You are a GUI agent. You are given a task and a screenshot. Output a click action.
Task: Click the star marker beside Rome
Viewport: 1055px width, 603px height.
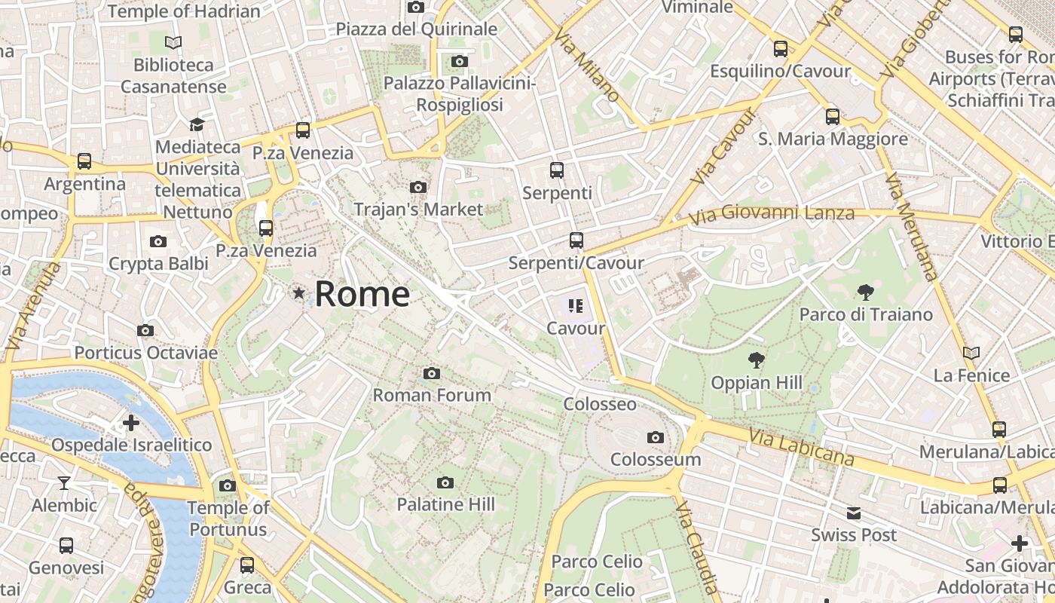tap(300, 293)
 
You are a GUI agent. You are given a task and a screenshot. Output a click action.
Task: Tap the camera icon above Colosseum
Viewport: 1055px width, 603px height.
tap(656, 437)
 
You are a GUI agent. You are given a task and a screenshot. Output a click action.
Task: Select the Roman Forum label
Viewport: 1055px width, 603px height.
tap(432, 395)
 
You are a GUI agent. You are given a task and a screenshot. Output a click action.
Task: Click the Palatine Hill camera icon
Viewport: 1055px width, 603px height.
tap(445, 482)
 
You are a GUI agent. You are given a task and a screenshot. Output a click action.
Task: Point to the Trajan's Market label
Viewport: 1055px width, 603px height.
tap(418, 209)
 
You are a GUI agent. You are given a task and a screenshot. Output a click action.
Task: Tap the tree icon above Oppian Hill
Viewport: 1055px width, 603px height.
tap(756, 360)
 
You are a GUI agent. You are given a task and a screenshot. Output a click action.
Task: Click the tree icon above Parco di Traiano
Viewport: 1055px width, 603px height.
tap(866, 292)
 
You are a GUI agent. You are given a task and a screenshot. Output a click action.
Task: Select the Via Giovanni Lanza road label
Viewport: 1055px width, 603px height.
tap(772, 214)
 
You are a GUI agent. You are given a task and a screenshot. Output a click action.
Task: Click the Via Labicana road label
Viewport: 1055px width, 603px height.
tap(803, 448)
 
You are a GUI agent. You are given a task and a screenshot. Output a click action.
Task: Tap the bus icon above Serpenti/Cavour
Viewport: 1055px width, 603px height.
tap(576, 240)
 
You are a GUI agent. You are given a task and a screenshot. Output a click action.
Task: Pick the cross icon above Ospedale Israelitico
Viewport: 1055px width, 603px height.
tap(131, 423)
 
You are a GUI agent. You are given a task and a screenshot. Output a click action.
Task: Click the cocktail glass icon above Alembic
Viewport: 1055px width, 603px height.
tap(64, 483)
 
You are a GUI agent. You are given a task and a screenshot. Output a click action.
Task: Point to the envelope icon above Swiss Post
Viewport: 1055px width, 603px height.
tap(854, 513)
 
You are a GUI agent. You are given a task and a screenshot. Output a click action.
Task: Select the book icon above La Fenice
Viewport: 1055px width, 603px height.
tap(971, 353)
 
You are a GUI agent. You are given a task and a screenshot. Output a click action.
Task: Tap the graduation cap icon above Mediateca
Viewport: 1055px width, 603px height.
tap(197, 124)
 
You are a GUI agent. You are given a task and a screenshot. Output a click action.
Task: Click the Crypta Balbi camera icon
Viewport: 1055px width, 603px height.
tap(158, 242)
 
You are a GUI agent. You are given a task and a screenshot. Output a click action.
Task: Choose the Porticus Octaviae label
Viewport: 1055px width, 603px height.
tap(145, 352)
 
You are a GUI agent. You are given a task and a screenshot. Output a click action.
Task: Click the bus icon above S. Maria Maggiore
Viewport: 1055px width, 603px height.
tap(833, 117)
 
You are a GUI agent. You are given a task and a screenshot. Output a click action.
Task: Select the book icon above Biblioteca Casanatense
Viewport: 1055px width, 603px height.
tap(173, 43)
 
